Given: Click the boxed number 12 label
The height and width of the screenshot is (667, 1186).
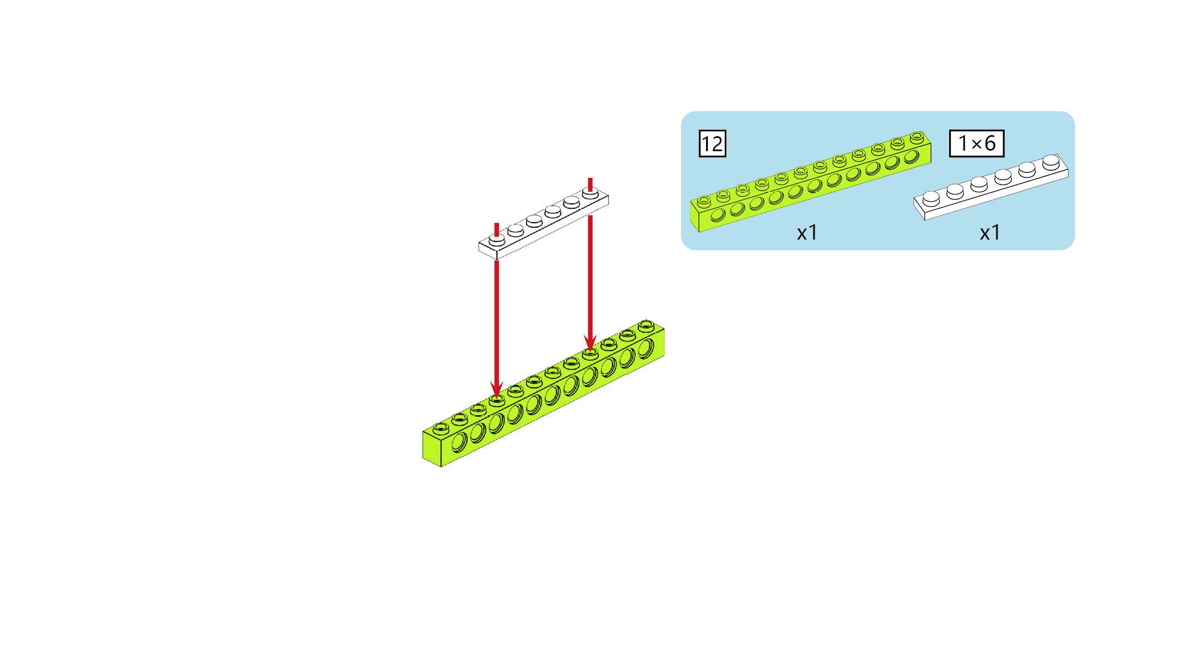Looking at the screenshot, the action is [712, 144].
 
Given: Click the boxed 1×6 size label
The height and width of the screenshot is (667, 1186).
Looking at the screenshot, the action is [976, 143].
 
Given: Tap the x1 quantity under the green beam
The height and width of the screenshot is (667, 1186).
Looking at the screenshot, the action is [807, 232].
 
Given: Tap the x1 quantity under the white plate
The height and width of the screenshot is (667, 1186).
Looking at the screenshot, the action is [990, 232].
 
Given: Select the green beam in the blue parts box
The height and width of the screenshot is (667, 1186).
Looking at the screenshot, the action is [811, 181].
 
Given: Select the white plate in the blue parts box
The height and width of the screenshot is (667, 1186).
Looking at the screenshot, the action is [991, 187].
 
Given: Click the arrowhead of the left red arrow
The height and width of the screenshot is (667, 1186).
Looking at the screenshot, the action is [497, 389].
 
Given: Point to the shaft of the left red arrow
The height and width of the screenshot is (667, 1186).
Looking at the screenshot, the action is [497, 322].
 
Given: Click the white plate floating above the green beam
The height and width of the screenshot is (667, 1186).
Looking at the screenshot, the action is [543, 223].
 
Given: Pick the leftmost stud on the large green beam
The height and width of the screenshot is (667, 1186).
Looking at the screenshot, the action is [441, 428].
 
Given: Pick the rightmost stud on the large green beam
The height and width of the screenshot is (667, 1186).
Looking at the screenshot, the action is [646, 325].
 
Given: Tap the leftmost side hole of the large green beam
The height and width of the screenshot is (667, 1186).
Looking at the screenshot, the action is [459, 443].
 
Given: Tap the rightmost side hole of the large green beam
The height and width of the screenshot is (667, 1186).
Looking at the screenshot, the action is [646, 349].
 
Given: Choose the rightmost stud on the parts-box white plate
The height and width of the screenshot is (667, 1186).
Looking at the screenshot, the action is [1051, 162].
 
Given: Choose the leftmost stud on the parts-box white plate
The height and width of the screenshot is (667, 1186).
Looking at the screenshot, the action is [931, 198].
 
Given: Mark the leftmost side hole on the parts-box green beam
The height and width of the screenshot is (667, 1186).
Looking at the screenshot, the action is [718, 215].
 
